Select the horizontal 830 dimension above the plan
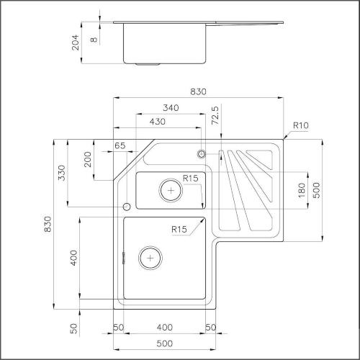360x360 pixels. click(x=199, y=92)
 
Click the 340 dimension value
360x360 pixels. click(x=171, y=107)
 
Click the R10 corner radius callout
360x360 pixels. click(x=300, y=126)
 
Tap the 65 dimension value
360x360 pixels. click(x=120, y=146)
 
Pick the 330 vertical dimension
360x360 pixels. click(x=63, y=173)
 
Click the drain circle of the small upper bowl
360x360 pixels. click(x=171, y=189)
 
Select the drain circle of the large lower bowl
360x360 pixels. click(x=148, y=257)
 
